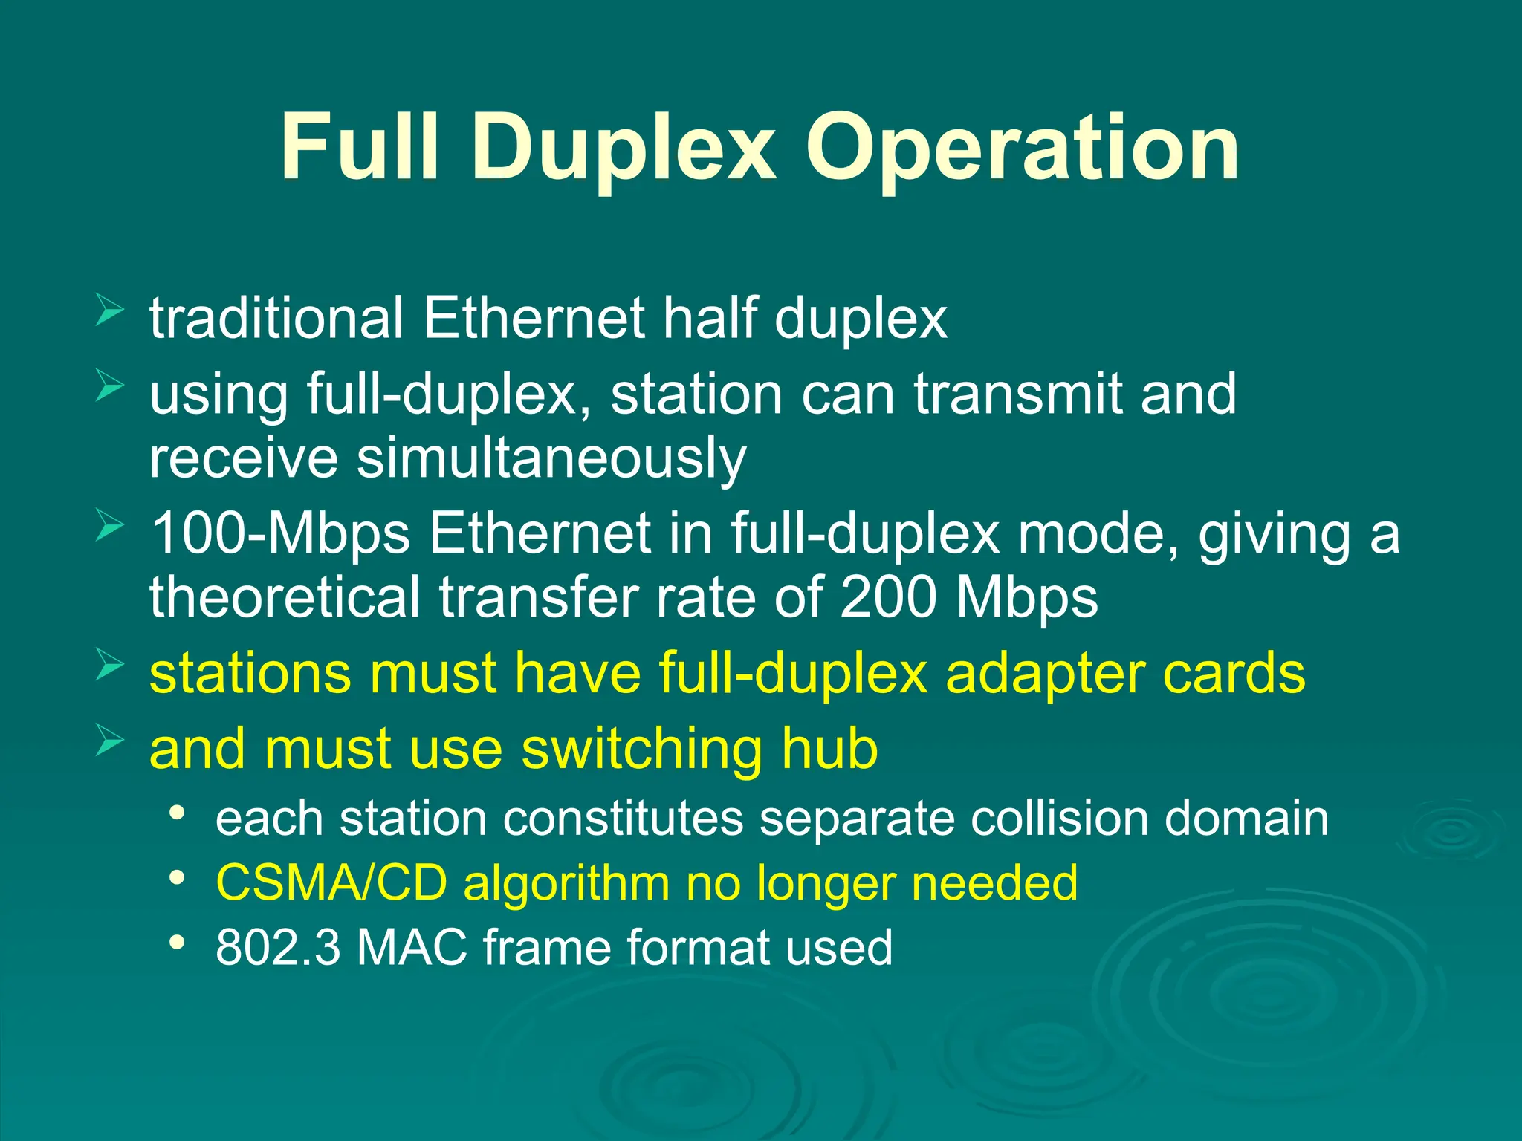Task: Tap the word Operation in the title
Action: point(1023,147)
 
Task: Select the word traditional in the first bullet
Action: point(276,318)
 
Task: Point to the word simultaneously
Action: point(551,459)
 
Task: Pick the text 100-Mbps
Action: point(280,533)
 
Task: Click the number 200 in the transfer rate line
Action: point(887,597)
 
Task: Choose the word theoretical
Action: point(285,597)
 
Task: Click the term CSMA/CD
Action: point(331,882)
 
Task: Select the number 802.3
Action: point(278,947)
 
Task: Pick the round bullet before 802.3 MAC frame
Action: point(177,943)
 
